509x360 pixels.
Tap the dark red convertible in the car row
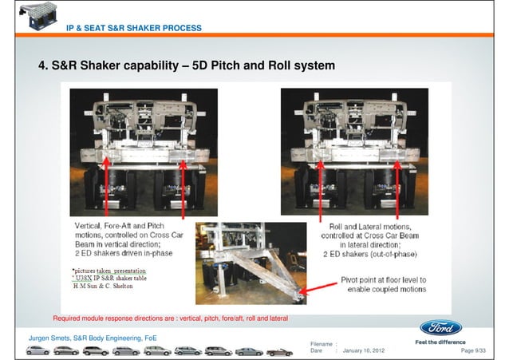click(x=279, y=351)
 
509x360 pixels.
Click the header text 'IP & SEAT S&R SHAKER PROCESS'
click(x=133, y=29)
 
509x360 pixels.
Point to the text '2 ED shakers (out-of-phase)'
click(x=372, y=255)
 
